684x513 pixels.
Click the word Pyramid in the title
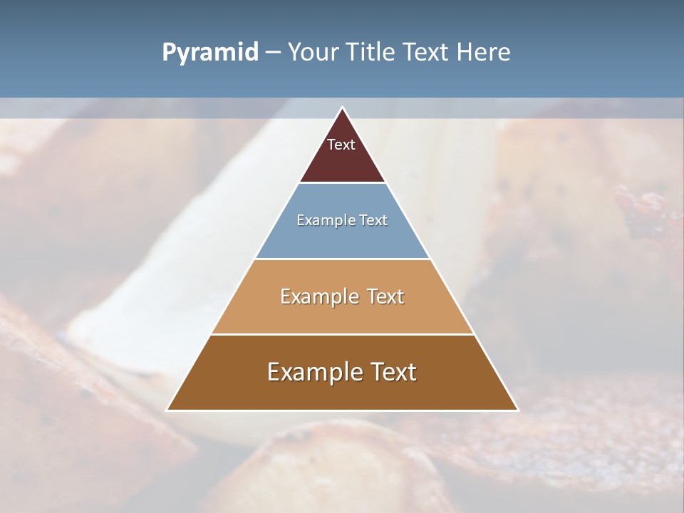tap(210, 53)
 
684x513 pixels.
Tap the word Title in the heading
tap(372, 53)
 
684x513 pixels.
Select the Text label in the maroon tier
tap(341, 145)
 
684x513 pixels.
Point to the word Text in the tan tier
tap(386, 296)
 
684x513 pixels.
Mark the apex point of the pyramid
tap(343, 108)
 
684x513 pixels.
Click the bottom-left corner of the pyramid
tap(167, 410)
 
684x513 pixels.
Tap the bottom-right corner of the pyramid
tap(517, 410)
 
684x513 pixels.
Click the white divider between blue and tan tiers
tap(342, 259)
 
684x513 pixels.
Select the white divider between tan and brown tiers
tap(342, 334)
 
